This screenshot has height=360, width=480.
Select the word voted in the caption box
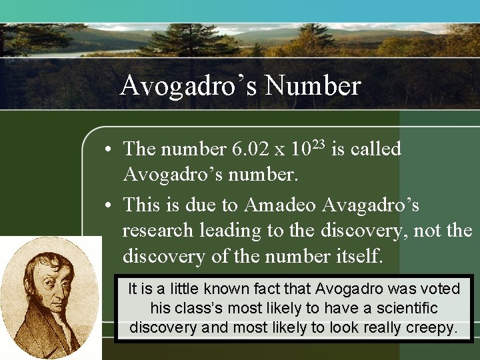tap(439, 289)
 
